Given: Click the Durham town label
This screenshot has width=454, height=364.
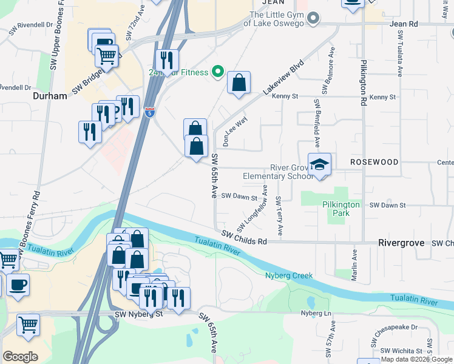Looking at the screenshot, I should pos(50,96).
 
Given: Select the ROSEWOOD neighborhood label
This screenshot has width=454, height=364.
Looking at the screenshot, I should pos(374,163).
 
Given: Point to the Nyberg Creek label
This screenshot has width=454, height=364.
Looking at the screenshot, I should pos(289,275).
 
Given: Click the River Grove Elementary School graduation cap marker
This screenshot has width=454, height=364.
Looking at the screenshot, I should pos(319,165).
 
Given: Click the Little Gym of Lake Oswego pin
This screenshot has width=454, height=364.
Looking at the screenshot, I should pos(313,18).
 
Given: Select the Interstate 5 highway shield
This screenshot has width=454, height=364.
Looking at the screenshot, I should pos(149,112).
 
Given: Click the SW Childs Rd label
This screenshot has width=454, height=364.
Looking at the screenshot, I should pos(244,237).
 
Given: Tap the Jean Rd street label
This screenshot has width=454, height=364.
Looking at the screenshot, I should pos(405,24).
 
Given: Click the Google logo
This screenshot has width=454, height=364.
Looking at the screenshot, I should pos(20,357).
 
